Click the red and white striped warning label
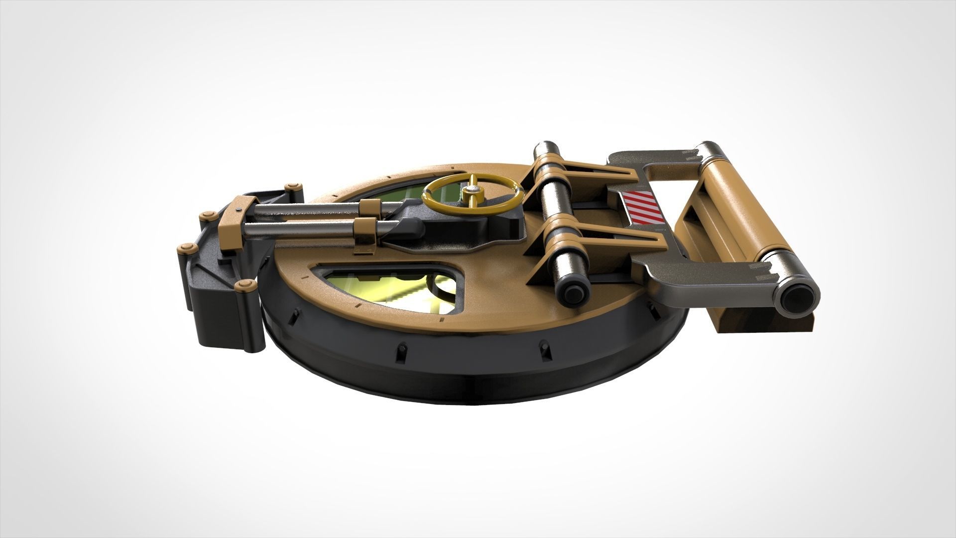642,208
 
